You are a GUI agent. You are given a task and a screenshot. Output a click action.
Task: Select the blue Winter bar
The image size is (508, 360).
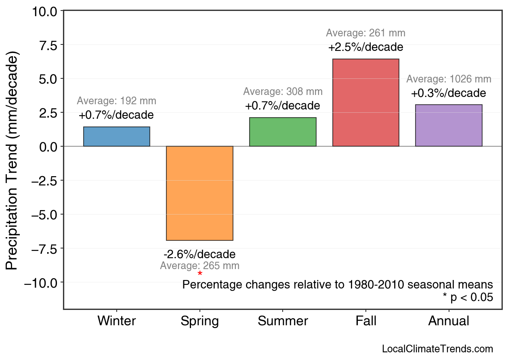coord(117,137)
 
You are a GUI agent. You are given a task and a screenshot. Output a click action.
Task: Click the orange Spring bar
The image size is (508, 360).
coord(199,193)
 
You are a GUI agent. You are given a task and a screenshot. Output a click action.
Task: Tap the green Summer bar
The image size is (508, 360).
coord(283,132)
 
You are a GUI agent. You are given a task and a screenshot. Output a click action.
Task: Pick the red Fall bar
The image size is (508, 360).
coord(365,103)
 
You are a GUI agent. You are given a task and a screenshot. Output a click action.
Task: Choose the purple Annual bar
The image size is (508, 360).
coord(449,125)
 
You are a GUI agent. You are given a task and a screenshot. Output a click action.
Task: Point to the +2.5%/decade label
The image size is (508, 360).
coord(365,47)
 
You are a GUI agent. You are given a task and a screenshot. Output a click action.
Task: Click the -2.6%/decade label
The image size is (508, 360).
coord(199,255)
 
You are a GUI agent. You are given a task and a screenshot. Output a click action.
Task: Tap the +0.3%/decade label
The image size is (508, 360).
coord(449,93)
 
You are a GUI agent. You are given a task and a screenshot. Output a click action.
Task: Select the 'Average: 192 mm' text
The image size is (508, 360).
coord(116,101)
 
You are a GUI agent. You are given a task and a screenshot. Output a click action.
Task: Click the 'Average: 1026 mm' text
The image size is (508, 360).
coord(449,79)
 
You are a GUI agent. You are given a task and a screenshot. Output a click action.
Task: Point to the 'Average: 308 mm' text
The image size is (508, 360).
coord(283,92)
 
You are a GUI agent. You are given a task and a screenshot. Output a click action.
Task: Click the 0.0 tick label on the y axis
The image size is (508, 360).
coord(48,146)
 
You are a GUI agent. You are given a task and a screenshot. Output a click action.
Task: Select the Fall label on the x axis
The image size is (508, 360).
coord(366,321)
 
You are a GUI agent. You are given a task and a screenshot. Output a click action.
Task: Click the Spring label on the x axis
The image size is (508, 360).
coord(199,321)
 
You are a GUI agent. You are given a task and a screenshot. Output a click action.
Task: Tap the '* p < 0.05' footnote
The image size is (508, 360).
coord(468,297)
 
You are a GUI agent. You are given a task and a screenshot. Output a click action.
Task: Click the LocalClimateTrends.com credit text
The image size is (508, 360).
coord(437,349)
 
